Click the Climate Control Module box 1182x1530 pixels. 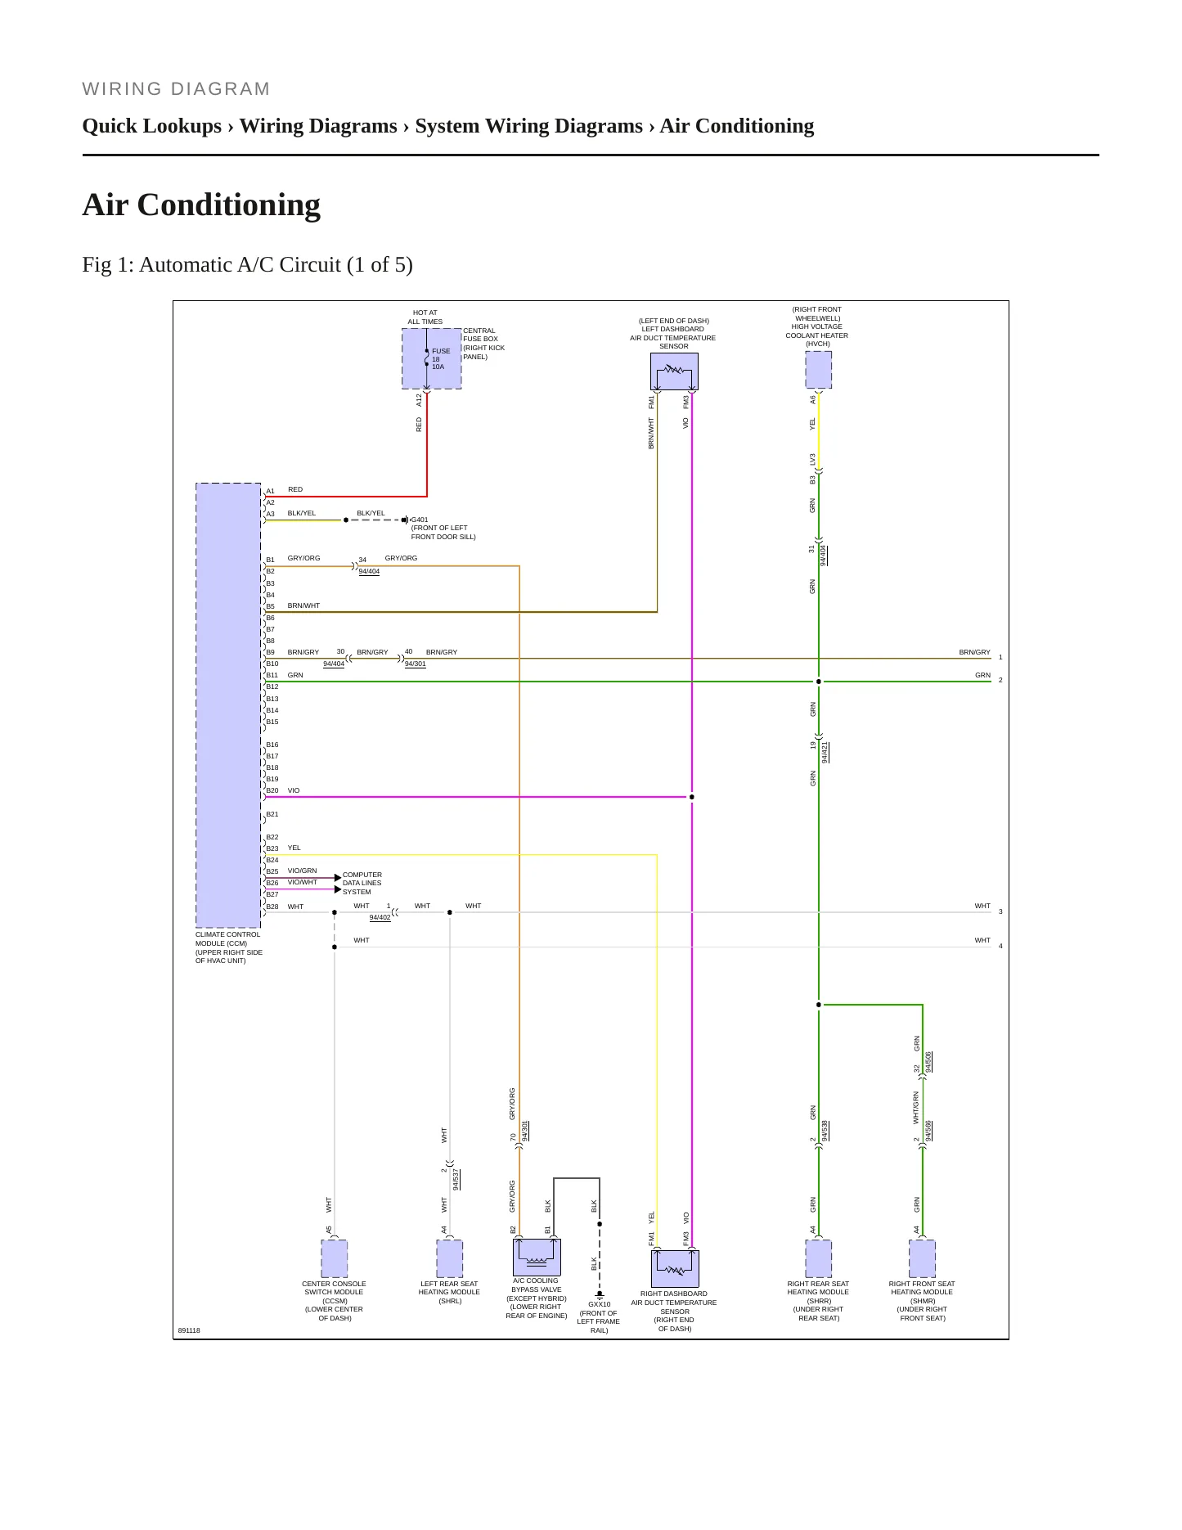tap(228, 704)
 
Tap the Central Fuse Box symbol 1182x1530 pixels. tap(432, 358)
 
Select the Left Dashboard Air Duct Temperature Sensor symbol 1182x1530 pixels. tap(674, 371)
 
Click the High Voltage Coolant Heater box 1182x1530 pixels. tap(818, 370)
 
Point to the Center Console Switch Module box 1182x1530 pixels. tap(334, 1258)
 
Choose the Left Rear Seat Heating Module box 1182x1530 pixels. tap(449, 1258)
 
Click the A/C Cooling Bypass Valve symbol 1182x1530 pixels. tap(537, 1257)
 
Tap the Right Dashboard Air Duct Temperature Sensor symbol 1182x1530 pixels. tap(675, 1268)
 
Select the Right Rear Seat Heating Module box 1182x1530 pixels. tap(818, 1258)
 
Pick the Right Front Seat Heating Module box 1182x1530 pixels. tap(922, 1258)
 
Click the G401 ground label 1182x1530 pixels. tap(420, 520)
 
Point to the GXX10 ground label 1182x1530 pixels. tap(600, 1304)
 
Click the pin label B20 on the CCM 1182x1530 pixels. tap(272, 790)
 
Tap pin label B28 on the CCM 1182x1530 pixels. tap(272, 907)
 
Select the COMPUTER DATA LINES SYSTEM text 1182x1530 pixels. tap(362, 884)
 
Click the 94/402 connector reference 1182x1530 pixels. tap(380, 917)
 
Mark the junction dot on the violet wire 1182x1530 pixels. tap(692, 797)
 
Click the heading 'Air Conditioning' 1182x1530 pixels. tap(201, 205)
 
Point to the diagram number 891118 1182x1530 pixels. tap(189, 1330)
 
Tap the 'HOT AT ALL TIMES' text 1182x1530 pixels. tap(425, 317)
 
